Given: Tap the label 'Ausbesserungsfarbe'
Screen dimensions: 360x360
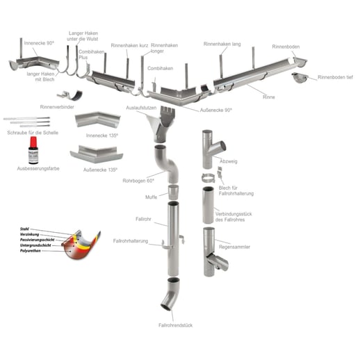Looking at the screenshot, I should point(39,168).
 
